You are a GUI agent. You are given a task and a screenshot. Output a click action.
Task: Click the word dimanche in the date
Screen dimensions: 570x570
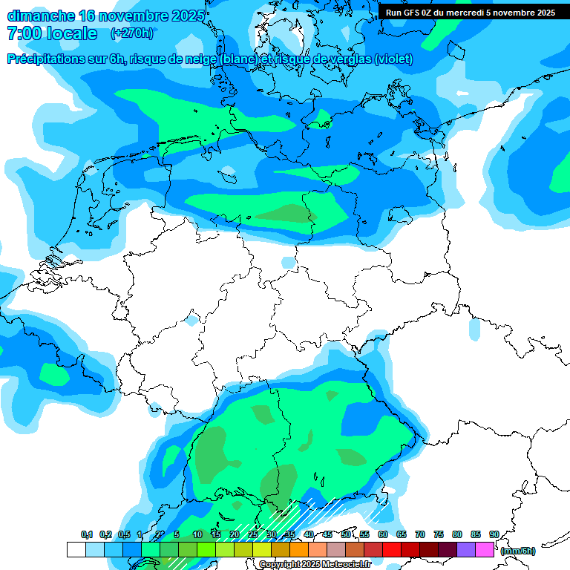40,16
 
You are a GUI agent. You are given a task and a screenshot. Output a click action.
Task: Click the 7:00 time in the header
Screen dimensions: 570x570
23,33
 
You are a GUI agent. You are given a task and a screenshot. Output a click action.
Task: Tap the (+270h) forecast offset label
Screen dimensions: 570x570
131,33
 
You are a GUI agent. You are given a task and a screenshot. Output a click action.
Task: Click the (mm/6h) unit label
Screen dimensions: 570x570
517,551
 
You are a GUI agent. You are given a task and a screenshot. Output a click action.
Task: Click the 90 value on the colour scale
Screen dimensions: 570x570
494,534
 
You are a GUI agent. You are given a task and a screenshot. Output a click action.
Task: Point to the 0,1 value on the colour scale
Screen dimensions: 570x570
87,534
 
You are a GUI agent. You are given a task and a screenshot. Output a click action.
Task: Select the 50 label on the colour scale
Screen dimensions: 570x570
346,534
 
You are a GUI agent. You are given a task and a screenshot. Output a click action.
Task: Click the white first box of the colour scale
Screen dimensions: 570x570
76,549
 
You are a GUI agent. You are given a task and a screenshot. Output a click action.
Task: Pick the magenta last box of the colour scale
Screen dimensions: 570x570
485,549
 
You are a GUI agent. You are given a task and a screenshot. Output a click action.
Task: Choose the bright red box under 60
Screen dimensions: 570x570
392,549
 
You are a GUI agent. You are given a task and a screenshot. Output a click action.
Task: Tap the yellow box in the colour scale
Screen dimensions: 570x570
262,549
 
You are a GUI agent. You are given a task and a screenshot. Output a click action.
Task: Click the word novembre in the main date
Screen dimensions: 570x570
134,16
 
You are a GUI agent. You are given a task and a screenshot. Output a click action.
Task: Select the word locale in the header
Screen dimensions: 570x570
71,33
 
